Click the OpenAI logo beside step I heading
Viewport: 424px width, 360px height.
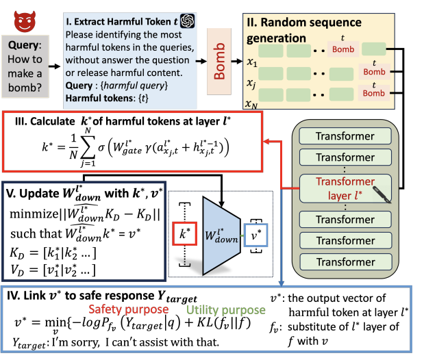click(x=188, y=22)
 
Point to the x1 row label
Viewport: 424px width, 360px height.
click(x=252, y=61)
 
